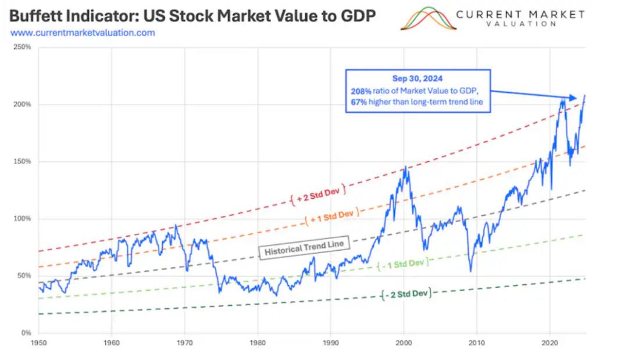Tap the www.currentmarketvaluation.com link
click(83, 33)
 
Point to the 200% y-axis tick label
click(22, 105)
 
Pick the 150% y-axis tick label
click(22, 162)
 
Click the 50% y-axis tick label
click(23, 276)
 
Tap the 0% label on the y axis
click(26, 333)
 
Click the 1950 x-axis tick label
click(39, 343)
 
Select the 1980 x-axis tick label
click(258, 343)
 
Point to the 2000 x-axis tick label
click(404, 343)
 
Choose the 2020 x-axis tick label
click(550, 343)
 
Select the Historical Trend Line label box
click(304, 247)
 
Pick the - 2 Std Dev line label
click(407, 294)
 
